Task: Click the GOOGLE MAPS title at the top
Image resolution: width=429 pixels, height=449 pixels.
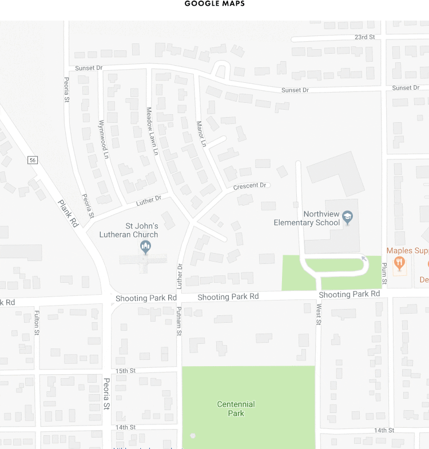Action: coord(214,4)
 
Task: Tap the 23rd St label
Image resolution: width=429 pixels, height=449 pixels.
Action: coord(364,37)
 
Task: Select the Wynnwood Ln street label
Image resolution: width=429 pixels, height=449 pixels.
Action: coord(103,139)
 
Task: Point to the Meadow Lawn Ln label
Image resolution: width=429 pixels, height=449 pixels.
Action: coord(151,131)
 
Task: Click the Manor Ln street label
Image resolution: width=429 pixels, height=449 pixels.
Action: coord(200,134)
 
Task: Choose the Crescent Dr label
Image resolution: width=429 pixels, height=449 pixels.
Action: coord(250,186)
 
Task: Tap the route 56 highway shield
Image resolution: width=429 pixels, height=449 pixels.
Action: coord(33,160)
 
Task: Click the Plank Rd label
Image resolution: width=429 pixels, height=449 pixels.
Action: coord(68,214)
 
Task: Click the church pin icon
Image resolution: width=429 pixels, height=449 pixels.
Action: coord(146,247)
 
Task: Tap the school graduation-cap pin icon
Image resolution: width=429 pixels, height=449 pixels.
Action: coord(347,217)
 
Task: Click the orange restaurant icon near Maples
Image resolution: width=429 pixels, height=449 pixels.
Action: coord(399,263)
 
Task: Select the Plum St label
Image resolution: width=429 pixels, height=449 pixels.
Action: coord(384,274)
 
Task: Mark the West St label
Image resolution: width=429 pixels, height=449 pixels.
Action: coord(319,314)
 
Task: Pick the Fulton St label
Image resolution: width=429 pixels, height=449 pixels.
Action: coord(37,322)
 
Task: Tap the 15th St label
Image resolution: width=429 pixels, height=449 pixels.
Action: coord(125,371)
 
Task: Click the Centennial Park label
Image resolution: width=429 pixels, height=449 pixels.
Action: coord(236,408)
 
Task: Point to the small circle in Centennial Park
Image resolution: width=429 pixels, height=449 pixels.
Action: coord(193,436)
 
